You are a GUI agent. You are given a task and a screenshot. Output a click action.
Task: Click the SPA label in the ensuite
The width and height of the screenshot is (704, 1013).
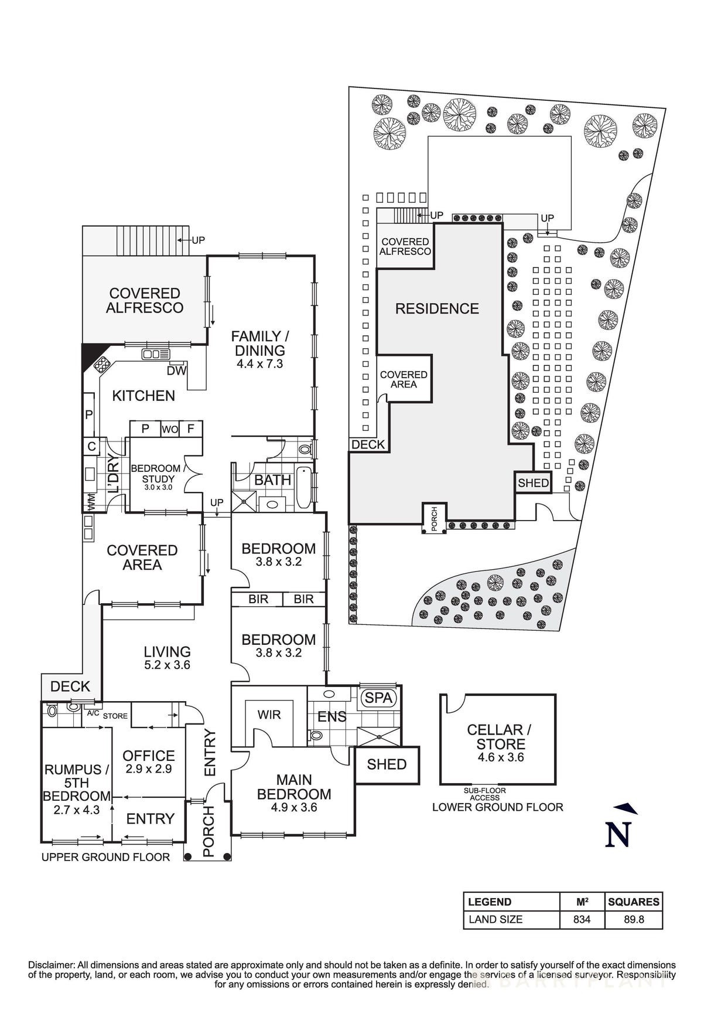(379, 698)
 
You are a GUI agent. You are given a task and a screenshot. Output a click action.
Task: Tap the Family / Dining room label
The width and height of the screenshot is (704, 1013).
(259, 344)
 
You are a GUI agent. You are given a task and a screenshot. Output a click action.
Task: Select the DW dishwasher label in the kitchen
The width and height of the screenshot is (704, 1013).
(176, 370)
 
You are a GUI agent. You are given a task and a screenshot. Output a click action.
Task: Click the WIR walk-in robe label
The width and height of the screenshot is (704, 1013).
(269, 715)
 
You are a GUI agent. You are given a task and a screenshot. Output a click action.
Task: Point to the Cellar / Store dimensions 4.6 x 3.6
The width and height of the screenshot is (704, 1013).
(500, 757)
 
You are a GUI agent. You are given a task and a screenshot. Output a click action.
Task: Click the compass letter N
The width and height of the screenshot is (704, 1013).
(617, 834)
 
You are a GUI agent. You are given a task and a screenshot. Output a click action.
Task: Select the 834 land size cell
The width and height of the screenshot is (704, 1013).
(581, 919)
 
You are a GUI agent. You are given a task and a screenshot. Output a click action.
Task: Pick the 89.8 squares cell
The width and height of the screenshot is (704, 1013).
(634, 919)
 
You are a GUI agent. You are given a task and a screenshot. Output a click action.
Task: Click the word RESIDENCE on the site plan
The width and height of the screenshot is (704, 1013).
(437, 308)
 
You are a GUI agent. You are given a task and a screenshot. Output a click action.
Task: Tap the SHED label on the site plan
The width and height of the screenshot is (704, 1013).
(533, 483)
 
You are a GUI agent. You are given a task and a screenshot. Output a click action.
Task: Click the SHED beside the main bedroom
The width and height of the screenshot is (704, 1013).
(387, 764)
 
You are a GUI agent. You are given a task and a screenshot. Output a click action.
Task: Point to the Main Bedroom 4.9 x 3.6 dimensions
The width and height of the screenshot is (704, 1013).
(294, 807)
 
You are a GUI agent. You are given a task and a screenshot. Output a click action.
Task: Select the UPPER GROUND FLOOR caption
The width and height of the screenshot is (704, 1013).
(105, 857)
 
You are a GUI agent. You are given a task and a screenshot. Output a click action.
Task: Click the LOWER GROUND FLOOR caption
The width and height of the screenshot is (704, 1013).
(497, 807)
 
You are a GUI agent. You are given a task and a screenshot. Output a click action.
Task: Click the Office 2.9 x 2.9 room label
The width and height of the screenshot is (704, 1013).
(149, 762)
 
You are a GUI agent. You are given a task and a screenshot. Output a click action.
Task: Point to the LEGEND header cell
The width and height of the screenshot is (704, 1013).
(490, 902)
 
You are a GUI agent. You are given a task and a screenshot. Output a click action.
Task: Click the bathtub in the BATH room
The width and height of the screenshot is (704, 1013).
(303, 488)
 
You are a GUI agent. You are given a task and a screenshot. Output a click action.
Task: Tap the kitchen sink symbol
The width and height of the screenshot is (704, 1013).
(156, 354)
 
